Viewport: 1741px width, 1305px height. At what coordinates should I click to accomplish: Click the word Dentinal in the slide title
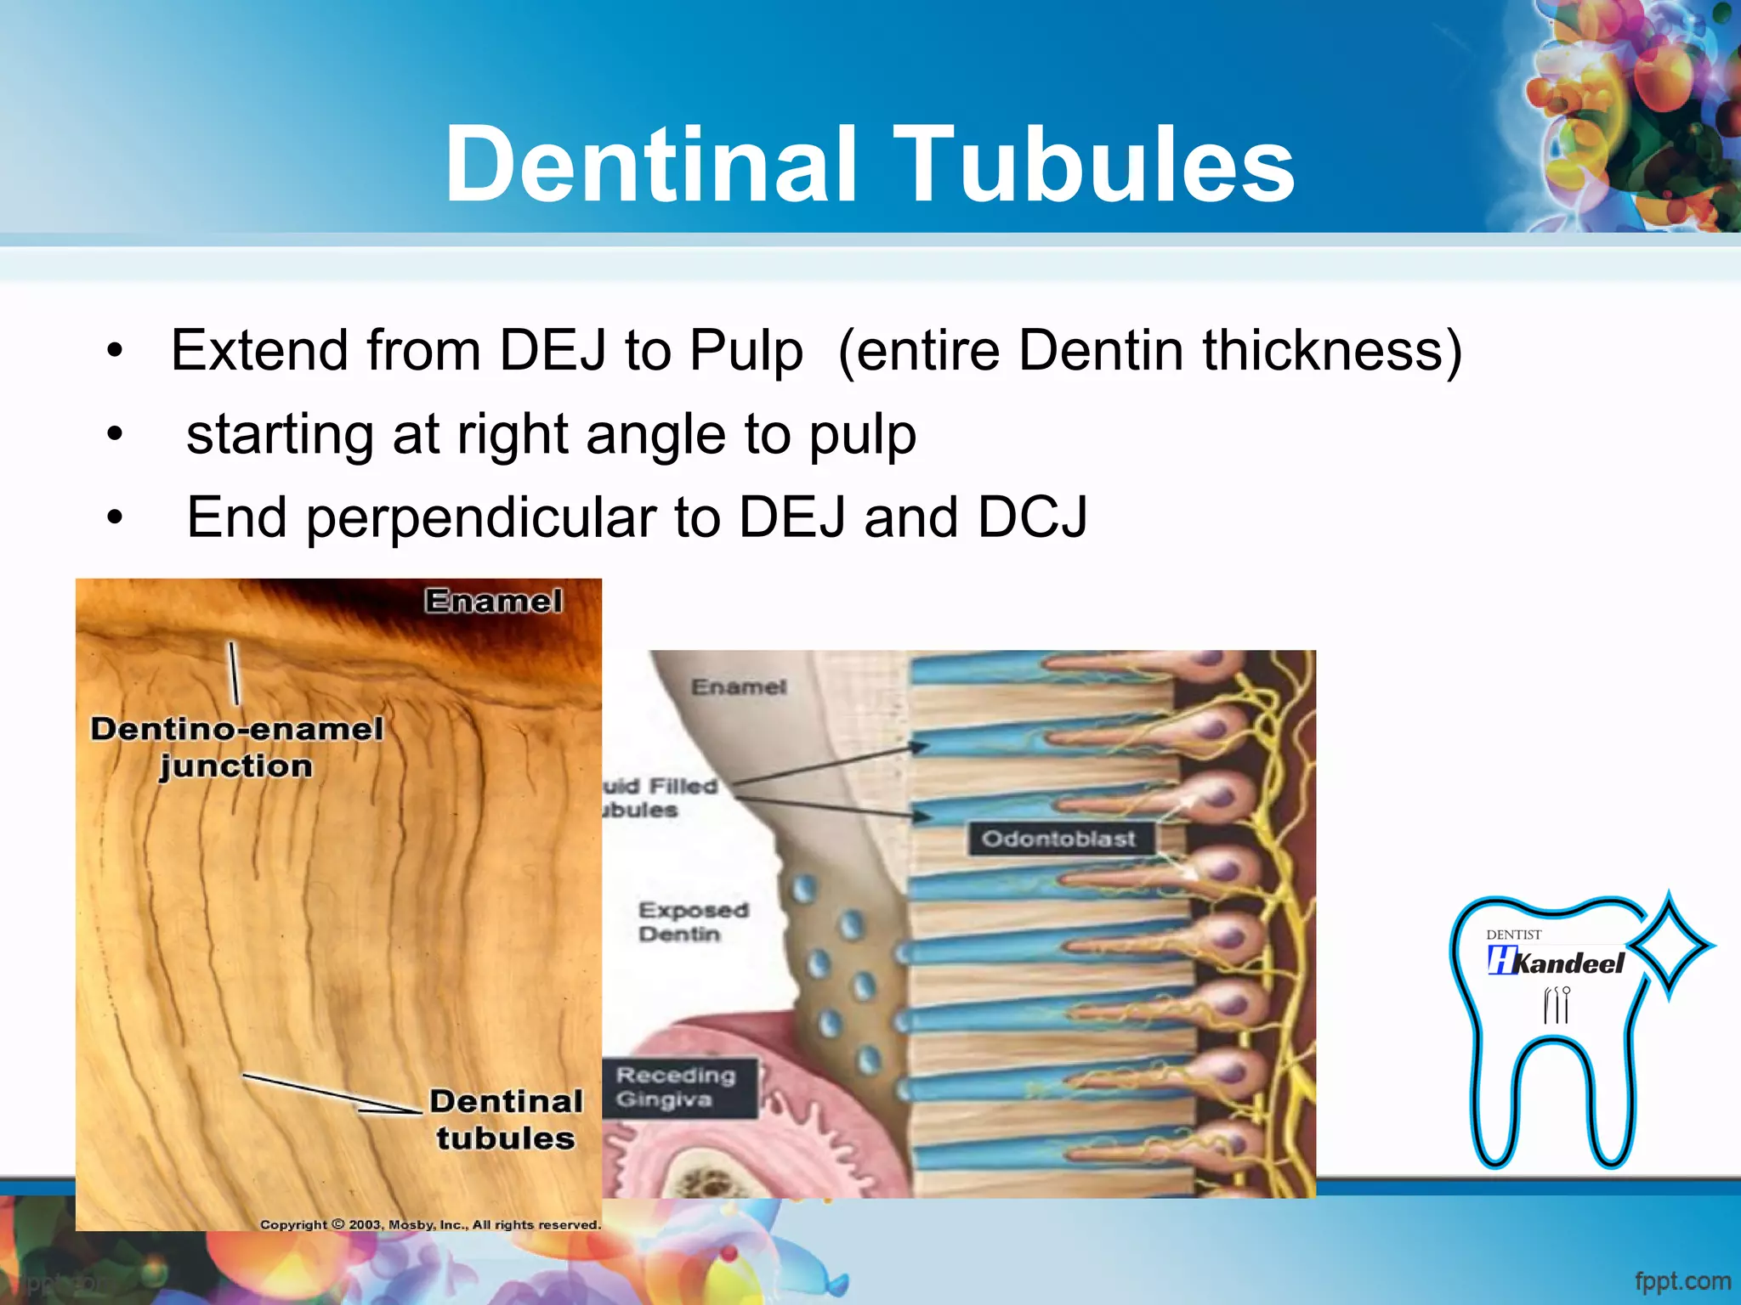click(x=650, y=165)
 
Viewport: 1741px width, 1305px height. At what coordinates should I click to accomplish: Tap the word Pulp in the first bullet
click(x=746, y=350)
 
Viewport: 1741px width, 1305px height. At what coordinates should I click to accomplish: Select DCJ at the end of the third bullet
click(x=1032, y=517)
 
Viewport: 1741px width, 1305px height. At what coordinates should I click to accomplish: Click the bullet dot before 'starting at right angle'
click(x=115, y=435)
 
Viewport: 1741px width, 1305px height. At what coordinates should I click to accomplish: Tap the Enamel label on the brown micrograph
click(x=493, y=602)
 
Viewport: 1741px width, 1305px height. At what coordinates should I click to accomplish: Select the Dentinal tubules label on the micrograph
click(x=506, y=1120)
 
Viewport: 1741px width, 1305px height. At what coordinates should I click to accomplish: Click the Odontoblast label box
click(x=1058, y=839)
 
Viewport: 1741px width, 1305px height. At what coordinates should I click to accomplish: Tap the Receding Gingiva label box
click(x=677, y=1087)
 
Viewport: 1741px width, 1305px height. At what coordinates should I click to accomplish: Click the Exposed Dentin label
click(x=692, y=922)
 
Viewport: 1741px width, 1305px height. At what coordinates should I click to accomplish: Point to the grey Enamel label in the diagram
click(x=738, y=686)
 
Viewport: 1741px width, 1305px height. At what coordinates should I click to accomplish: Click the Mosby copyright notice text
click(x=430, y=1224)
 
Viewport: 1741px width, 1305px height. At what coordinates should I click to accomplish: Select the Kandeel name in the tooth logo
click(x=1568, y=963)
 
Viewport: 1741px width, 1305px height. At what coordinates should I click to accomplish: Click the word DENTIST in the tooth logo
click(x=1513, y=935)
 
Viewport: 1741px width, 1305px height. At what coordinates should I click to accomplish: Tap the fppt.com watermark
click(x=1682, y=1280)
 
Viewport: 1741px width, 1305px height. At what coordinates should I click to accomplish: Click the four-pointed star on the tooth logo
click(x=1669, y=945)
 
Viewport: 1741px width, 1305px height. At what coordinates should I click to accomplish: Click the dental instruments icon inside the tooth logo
click(x=1556, y=1005)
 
